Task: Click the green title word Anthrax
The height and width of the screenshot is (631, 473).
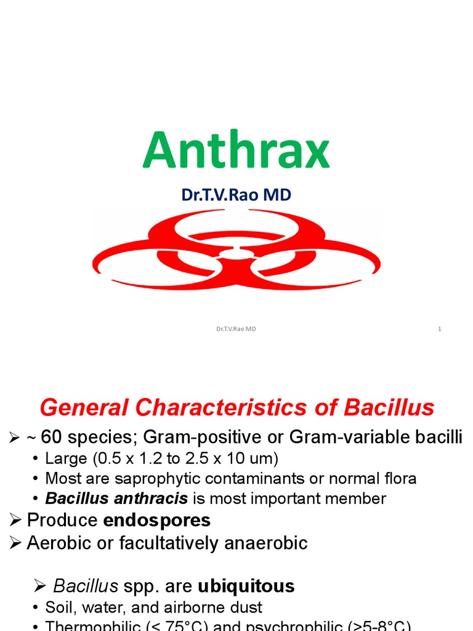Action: pyautogui.click(x=236, y=151)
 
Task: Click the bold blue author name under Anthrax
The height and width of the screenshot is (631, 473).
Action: pyautogui.click(x=236, y=195)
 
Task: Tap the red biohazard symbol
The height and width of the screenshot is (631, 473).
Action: pyautogui.click(x=236, y=249)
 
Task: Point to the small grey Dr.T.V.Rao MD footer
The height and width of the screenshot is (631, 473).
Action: pyautogui.click(x=236, y=329)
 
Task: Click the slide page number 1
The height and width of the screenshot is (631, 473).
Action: pyautogui.click(x=440, y=329)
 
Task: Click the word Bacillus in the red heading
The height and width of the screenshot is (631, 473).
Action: pyautogui.click(x=389, y=408)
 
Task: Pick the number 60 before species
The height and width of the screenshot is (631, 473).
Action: pyautogui.click(x=52, y=438)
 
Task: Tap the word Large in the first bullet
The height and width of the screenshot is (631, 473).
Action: pyautogui.click(x=67, y=459)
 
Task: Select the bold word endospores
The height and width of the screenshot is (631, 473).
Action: pyautogui.click(x=156, y=520)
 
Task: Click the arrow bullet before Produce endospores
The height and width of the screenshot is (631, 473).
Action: pyautogui.click(x=15, y=521)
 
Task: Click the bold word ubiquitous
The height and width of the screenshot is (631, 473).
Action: pyautogui.click(x=246, y=585)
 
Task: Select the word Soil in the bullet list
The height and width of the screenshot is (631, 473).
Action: pyautogui.click(x=59, y=607)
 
